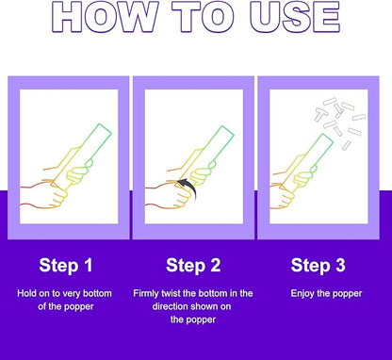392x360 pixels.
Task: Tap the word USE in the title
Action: (x=295, y=16)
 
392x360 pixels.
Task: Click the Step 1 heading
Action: (x=66, y=266)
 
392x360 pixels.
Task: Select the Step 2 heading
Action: (x=193, y=266)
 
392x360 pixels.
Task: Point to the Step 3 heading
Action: (x=318, y=266)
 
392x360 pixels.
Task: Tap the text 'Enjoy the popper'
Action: (x=326, y=294)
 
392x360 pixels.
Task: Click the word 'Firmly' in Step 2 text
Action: (x=146, y=294)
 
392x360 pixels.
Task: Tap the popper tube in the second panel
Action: (x=205, y=155)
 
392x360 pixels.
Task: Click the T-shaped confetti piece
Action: (x=321, y=114)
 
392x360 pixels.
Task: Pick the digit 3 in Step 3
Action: (x=340, y=266)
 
